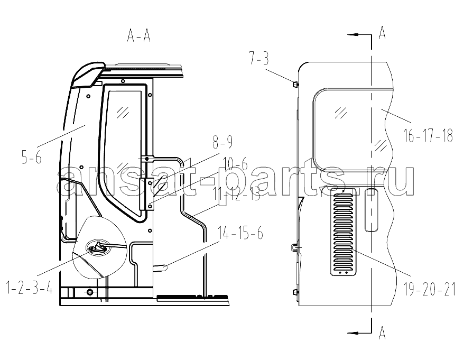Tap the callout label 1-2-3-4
click(30, 288)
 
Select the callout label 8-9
click(222, 142)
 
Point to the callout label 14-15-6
click(240, 233)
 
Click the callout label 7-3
click(259, 59)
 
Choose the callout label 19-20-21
click(430, 289)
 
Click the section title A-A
click(139, 36)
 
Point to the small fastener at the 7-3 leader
click(295, 84)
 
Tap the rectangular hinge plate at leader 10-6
click(147, 194)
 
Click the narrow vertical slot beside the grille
click(372, 210)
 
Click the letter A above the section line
click(382, 33)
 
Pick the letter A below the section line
click(382, 333)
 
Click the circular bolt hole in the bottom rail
click(90, 292)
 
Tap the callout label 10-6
click(235, 165)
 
